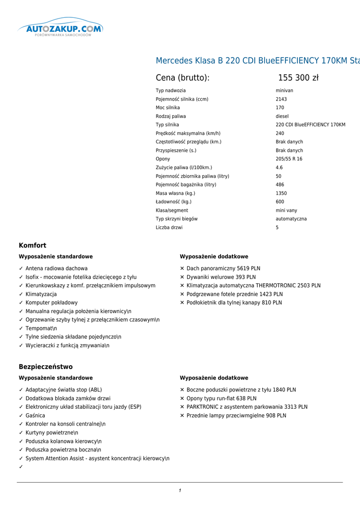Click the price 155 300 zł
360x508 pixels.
pyautogui.click(x=298, y=78)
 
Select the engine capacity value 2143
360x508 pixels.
pyautogui.click(x=281, y=99)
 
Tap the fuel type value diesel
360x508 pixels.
pyautogui.click(x=282, y=116)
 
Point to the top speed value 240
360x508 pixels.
pyautogui.click(x=280, y=133)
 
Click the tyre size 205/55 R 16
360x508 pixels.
pyautogui.click(x=289, y=159)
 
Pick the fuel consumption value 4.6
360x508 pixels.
pyautogui.click(x=279, y=168)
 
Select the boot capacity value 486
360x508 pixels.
pyautogui.click(x=280, y=185)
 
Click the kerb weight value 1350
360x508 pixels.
pyautogui.click(x=281, y=193)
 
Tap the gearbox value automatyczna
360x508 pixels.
pyautogui.click(x=291, y=219)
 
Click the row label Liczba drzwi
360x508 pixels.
pyautogui.click(x=169, y=228)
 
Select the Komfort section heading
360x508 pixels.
pyautogui.click(x=32, y=246)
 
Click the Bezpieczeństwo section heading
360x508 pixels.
pyautogui.click(x=46, y=367)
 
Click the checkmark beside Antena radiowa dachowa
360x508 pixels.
pyautogui.click(x=21, y=268)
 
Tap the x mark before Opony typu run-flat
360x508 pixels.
pyautogui.click(x=182, y=398)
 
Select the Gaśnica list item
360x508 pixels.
pyautogui.click(x=35, y=416)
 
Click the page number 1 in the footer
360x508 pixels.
pyautogui.click(x=180, y=491)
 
